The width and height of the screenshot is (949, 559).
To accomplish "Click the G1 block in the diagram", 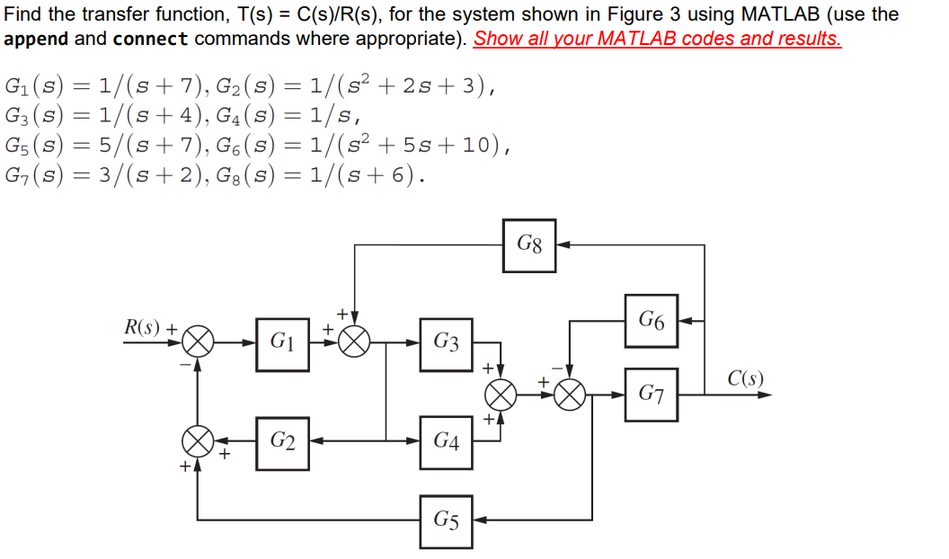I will tap(282, 343).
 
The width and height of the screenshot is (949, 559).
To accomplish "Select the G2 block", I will tap(282, 441).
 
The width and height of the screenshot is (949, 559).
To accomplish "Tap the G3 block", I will tap(446, 343).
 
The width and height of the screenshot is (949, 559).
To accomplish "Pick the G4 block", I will tap(446, 441).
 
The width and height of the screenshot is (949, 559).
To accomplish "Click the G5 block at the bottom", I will tap(446, 520).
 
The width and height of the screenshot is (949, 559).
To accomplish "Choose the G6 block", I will tap(652, 320).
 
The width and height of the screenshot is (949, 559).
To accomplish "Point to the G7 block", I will tap(652, 395).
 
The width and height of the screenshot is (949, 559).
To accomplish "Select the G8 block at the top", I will tap(529, 244).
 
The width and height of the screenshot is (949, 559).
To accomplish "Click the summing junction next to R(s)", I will tap(198, 343).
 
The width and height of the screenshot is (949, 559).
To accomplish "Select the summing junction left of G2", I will tap(198, 441).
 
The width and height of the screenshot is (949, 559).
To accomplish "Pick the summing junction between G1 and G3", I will tap(356, 343).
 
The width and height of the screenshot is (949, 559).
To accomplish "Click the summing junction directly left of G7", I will tap(569, 395).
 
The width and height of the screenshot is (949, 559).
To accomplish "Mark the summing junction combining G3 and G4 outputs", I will tap(501, 395).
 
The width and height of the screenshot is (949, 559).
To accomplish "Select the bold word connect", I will tap(151, 40).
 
